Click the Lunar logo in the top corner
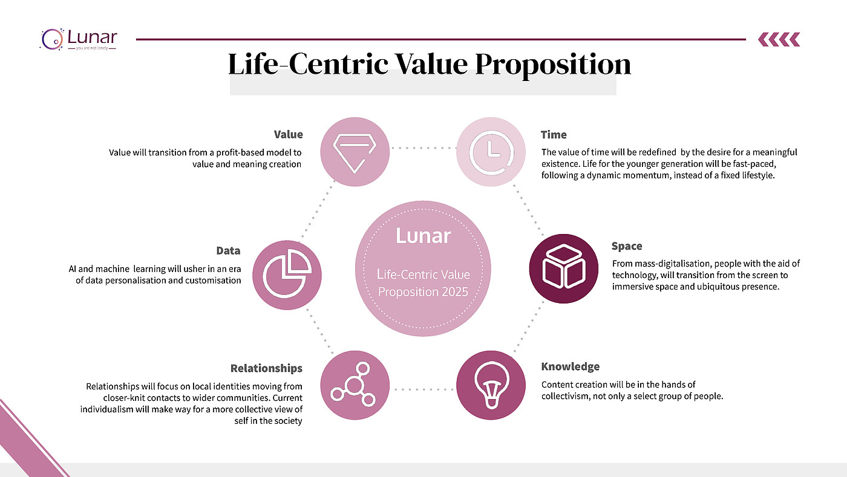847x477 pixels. pos(79,39)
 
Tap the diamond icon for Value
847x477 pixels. pos(355,152)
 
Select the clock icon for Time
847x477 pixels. pos(491,152)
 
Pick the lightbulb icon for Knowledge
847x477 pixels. pos(491,385)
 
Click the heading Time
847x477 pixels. pos(554,135)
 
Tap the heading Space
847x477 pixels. pos(627,247)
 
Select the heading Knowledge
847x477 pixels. pos(570,366)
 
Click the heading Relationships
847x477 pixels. pos(266,369)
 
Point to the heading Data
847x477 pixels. pos(229,251)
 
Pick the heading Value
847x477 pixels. pos(289,135)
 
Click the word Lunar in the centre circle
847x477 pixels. pos(423,236)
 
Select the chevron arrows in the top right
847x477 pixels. pos(779,39)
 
